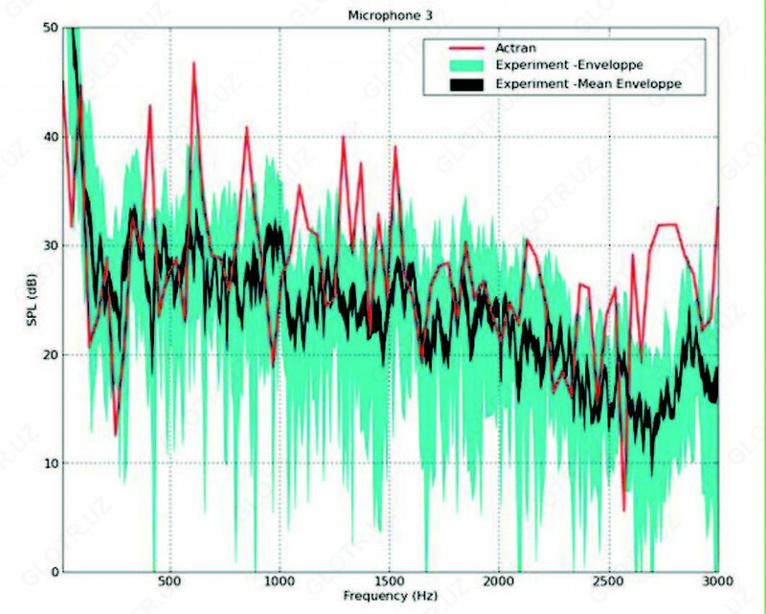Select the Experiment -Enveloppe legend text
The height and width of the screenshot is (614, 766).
coord(569,66)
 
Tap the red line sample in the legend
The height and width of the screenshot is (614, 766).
coord(463,49)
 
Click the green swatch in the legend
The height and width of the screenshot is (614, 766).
coord(463,66)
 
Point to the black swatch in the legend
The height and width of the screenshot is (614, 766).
coord(463,84)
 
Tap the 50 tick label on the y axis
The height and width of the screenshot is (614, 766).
coord(48,28)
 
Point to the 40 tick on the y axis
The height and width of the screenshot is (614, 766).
coord(48,137)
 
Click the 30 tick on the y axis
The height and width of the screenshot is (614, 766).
coord(48,246)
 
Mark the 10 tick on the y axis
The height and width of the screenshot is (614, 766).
coord(48,464)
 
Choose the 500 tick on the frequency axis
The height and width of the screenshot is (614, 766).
coord(169,581)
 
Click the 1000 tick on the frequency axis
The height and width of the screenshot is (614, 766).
coord(279,581)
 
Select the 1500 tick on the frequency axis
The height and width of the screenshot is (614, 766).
coord(389,581)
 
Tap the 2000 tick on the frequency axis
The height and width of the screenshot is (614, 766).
coord(498,581)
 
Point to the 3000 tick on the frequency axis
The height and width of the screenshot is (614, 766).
coord(716,581)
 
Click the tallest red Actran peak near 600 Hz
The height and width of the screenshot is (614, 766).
coord(193,63)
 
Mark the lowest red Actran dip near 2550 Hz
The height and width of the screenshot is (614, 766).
coord(623,510)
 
